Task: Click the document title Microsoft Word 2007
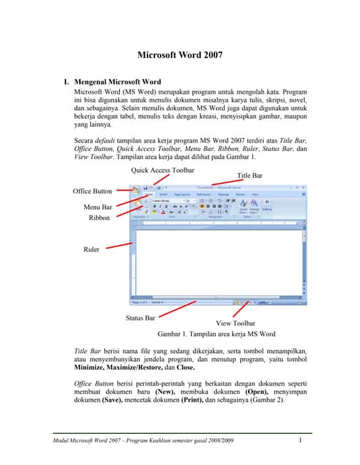180,54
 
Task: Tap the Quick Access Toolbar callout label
162,170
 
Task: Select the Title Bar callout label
249,176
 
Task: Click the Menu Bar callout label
97,207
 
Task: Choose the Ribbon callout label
99,217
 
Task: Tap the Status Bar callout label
141,318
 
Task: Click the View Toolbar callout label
236,323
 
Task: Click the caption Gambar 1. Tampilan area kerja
216,334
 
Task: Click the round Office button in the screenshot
136,189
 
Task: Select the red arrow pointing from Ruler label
117,247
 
